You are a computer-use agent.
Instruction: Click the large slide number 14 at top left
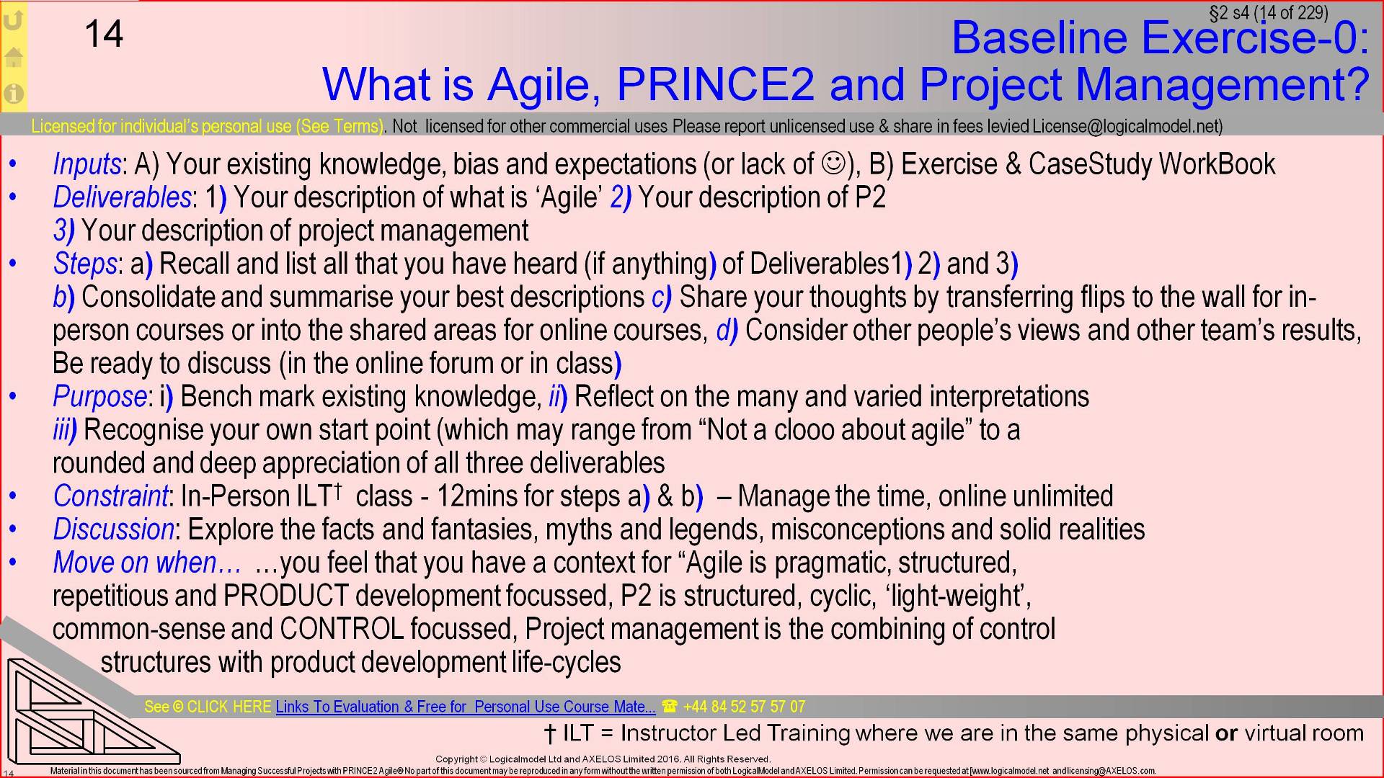104,34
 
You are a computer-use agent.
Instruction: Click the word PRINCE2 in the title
715,84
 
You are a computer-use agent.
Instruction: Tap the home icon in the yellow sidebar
14,57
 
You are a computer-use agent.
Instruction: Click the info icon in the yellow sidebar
14,94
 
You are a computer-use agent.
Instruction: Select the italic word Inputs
86,164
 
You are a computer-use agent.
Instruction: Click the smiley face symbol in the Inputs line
833,164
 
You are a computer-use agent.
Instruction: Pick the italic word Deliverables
122,197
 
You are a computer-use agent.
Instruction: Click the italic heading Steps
84,264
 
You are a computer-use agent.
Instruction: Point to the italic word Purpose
99,396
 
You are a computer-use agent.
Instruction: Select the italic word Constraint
110,496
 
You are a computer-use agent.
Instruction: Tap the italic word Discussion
113,529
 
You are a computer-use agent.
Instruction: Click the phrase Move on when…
146,562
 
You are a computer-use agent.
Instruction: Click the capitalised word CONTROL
342,629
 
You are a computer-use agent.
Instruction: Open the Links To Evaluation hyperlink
465,707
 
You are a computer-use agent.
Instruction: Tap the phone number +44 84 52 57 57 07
743,707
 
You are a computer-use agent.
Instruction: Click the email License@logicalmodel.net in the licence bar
1126,126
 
